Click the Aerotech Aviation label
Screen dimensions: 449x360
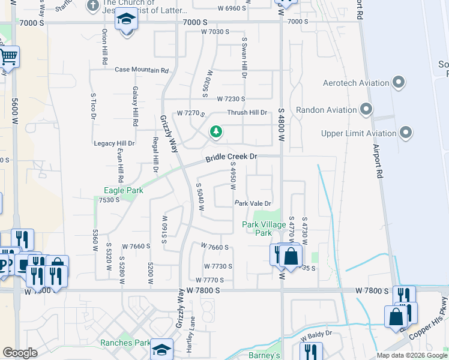click(x=356, y=83)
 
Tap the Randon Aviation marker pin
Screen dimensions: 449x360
click(x=367, y=109)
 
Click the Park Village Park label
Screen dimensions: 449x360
click(x=257, y=229)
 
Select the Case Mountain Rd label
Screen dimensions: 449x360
click(x=142, y=70)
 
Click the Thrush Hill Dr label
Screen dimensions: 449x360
click(x=247, y=113)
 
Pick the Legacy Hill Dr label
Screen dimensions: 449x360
click(x=114, y=144)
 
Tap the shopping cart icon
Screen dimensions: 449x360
click(x=8, y=57)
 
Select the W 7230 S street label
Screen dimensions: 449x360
click(x=231, y=98)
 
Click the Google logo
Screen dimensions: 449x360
click(x=21, y=353)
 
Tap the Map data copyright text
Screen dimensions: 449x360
click(x=412, y=355)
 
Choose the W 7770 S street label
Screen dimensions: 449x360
click(x=209, y=280)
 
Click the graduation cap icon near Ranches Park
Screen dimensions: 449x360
click(x=161, y=349)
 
